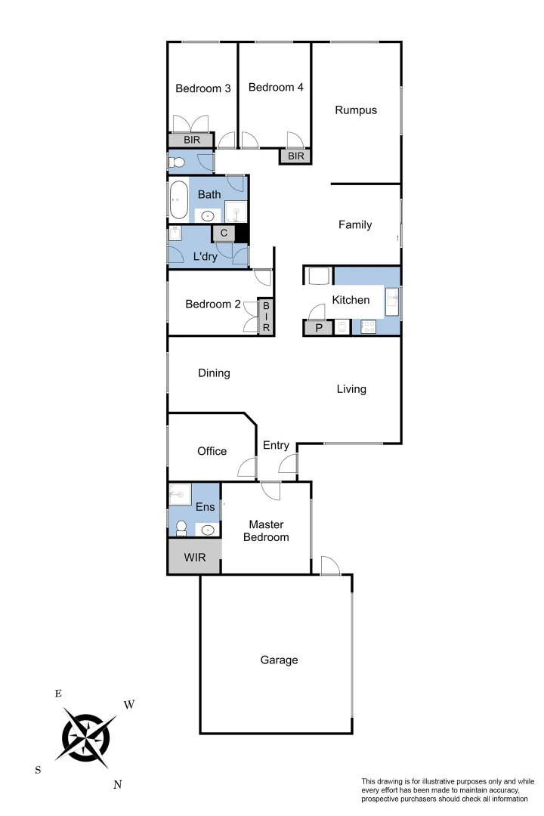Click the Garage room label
(279, 660)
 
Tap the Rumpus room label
(356, 110)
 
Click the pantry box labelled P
(318, 327)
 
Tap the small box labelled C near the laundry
(224, 233)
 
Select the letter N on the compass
(118, 784)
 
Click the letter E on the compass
(58, 693)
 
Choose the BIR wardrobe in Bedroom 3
(192, 140)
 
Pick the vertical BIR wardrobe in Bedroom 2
(266, 317)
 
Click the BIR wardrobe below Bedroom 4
(295, 156)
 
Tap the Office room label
(212, 451)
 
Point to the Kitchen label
(351, 300)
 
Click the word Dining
(214, 372)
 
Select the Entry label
(276, 446)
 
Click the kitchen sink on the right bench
(392, 301)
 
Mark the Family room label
(355, 224)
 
